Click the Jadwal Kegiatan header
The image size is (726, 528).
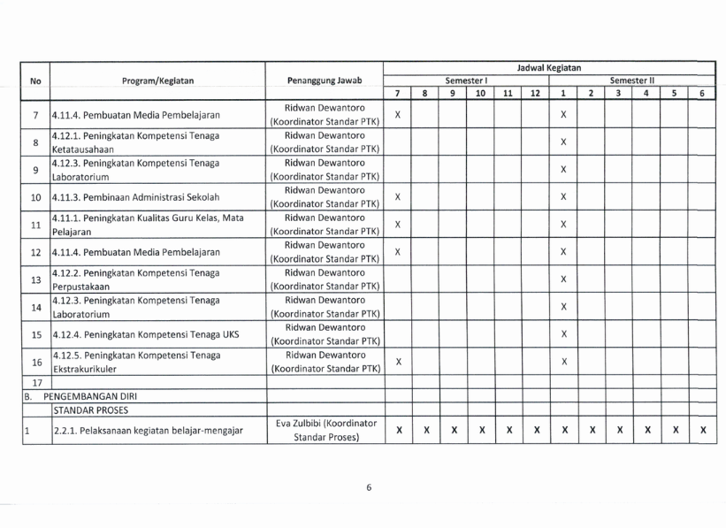click(x=551, y=67)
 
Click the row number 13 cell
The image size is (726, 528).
click(x=36, y=280)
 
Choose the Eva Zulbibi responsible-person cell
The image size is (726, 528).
click(x=325, y=432)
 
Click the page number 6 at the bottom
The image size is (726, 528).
click(x=369, y=486)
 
